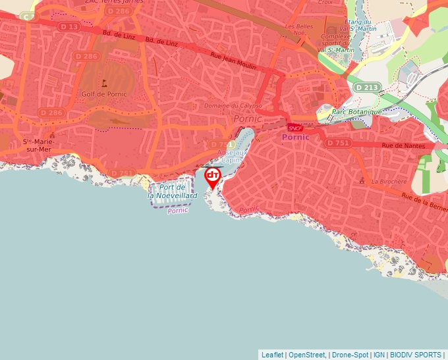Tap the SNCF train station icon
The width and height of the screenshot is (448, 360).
(294, 128)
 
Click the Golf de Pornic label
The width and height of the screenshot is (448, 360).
(104, 94)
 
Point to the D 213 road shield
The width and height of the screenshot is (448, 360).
(366, 87)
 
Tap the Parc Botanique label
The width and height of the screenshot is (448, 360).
(357, 112)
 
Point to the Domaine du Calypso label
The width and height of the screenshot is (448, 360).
(233, 105)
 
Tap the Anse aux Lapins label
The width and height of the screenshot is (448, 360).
(233, 156)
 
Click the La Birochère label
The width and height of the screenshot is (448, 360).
(387, 181)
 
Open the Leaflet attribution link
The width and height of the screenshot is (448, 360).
(272, 355)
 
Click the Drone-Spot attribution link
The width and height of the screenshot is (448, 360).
(350, 355)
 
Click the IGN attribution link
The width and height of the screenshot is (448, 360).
(379, 355)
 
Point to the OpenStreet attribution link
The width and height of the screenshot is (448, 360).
(307, 355)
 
